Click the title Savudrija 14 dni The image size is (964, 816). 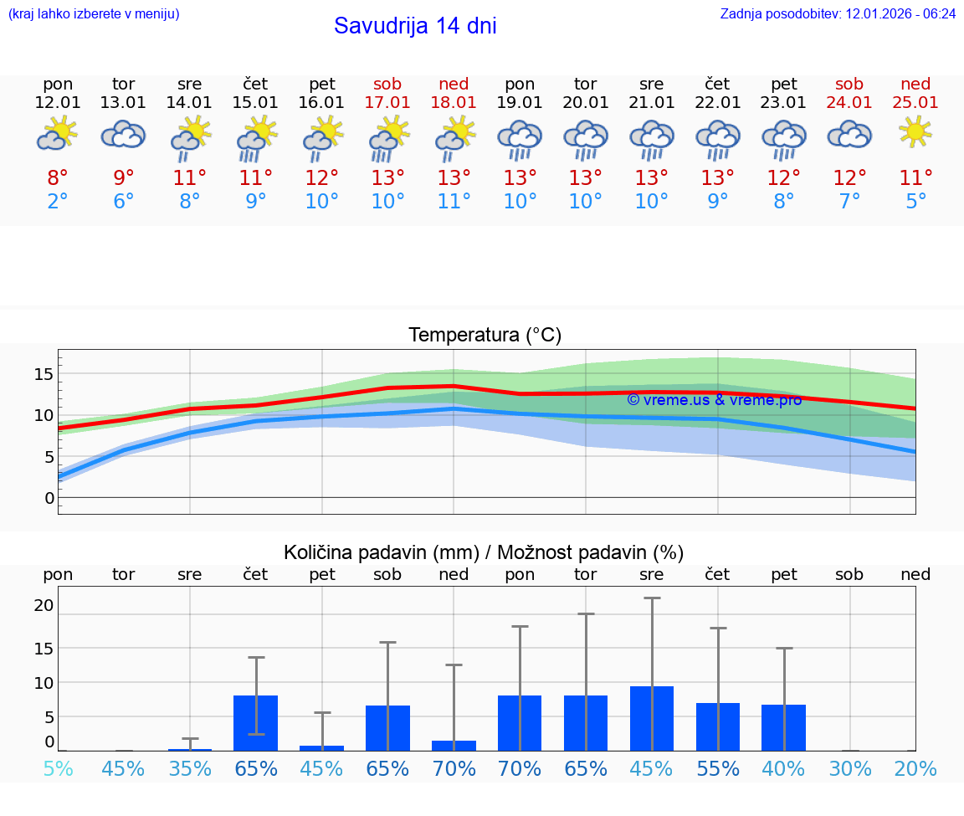[415, 26]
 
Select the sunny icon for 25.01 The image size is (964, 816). [915, 132]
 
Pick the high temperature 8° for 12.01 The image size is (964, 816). [58, 178]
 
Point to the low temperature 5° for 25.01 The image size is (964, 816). [915, 202]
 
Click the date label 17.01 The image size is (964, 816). [387, 102]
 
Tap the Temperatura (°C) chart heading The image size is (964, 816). [485, 336]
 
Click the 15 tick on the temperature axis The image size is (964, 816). [44, 373]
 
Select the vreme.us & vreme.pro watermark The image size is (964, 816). [714, 400]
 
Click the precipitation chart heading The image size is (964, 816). [484, 552]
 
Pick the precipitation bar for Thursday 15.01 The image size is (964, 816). [255, 723]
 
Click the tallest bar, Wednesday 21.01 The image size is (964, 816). [652, 718]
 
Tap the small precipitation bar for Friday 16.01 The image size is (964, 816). [322, 747]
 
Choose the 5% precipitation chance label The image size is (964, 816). [58, 769]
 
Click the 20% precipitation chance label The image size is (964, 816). [915, 769]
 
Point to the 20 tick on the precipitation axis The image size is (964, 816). [44, 605]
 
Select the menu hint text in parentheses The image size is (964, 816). [93, 13]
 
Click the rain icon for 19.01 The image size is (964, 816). [520, 139]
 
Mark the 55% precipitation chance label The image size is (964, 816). [717, 769]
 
